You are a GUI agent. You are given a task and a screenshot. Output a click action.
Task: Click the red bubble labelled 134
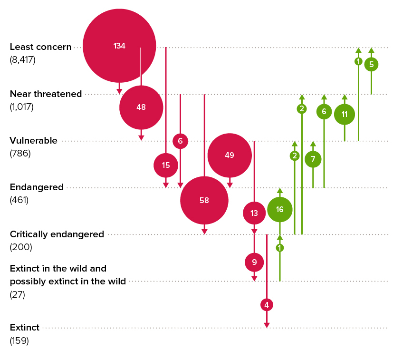(119, 46)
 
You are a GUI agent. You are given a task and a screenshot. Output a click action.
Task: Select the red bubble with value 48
(141, 107)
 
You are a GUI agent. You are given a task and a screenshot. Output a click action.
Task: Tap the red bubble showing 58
(204, 200)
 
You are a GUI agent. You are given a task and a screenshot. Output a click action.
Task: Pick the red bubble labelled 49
(230, 155)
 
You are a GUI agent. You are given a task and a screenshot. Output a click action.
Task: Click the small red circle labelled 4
(267, 305)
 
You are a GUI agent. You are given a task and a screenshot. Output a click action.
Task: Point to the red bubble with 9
(254, 262)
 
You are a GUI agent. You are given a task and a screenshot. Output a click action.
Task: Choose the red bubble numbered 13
(254, 213)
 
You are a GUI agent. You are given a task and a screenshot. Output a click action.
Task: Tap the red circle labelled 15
(166, 165)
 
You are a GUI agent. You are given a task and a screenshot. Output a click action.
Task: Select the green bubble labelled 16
(279, 210)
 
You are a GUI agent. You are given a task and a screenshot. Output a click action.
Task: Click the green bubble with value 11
(345, 114)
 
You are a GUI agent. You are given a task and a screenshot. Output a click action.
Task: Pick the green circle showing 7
(313, 159)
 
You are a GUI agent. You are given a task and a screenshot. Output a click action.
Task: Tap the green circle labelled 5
(371, 64)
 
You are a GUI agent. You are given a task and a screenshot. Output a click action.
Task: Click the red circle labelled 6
(180, 141)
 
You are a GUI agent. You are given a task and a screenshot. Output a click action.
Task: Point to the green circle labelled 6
(324, 111)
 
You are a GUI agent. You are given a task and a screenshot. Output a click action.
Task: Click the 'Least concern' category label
(40, 47)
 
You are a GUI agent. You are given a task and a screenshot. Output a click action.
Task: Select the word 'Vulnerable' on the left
(33, 141)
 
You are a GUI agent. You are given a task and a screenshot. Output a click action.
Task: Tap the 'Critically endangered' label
(57, 234)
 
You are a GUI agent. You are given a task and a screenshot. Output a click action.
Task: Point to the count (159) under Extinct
(19, 341)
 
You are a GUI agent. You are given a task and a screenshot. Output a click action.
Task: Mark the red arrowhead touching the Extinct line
(267, 325)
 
